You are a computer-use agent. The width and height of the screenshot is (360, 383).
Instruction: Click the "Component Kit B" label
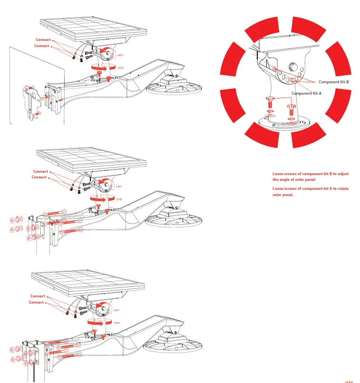(334, 82)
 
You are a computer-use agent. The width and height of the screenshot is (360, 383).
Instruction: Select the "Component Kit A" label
(307, 94)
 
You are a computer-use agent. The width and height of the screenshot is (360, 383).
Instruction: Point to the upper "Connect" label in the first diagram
(43, 39)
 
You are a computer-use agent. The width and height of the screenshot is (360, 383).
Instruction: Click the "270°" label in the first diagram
(120, 69)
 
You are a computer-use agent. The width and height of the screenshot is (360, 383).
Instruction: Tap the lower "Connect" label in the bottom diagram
(37, 303)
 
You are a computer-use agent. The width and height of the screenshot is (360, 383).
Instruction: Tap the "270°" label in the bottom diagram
(117, 323)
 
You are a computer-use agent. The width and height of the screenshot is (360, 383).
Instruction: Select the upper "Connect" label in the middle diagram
(40, 171)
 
